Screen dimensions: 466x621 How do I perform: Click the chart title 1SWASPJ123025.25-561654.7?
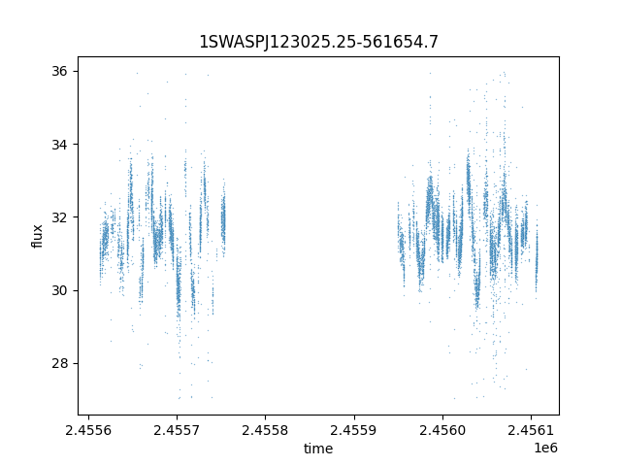(x=318, y=42)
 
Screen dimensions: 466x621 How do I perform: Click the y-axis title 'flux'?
(x=38, y=236)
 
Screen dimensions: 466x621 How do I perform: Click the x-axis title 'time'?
(x=318, y=449)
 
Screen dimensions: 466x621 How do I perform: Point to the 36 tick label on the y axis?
(x=58, y=71)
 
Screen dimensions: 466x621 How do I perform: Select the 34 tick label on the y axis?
(x=58, y=145)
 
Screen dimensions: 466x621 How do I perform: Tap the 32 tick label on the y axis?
(x=58, y=217)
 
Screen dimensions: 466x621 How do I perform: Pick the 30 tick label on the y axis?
(x=58, y=290)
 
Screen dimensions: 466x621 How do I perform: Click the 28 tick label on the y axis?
(x=58, y=363)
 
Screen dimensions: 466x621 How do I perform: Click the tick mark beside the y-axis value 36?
(x=76, y=71)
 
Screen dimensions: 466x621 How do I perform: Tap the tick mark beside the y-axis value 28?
(x=76, y=363)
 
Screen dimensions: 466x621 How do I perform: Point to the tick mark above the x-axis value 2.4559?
(x=353, y=416)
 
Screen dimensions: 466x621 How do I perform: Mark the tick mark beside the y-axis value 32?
(x=76, y=217)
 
